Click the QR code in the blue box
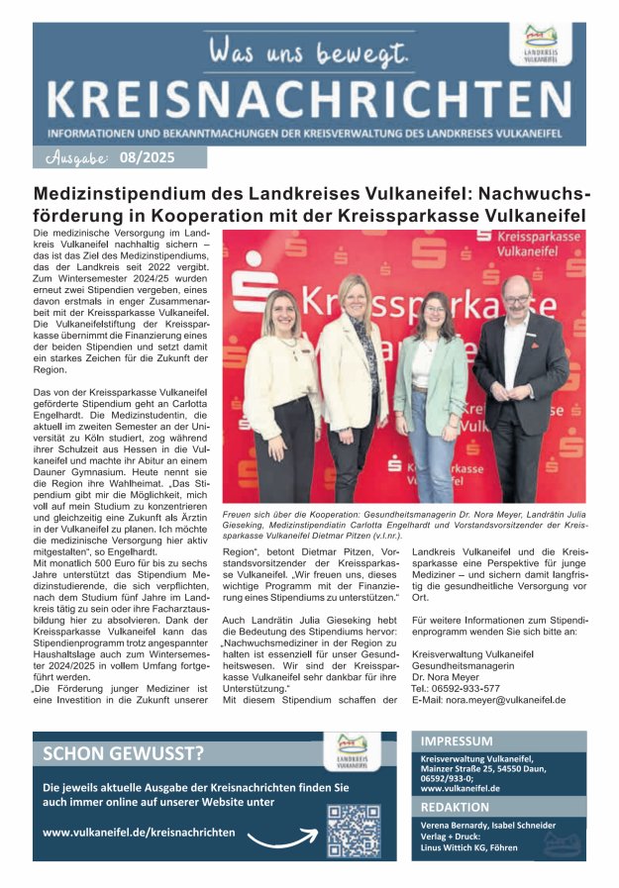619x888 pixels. (353, 830)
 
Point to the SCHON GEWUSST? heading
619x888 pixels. (124, 753)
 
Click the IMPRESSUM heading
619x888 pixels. (457, 740)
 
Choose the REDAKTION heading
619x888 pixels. (456, 807)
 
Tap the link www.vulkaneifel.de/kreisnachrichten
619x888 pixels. (139, 833)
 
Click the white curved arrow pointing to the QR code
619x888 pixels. (282, 839)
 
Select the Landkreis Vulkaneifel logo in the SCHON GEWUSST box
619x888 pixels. (353, 751)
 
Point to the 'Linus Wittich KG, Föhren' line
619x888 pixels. (463, 847)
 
